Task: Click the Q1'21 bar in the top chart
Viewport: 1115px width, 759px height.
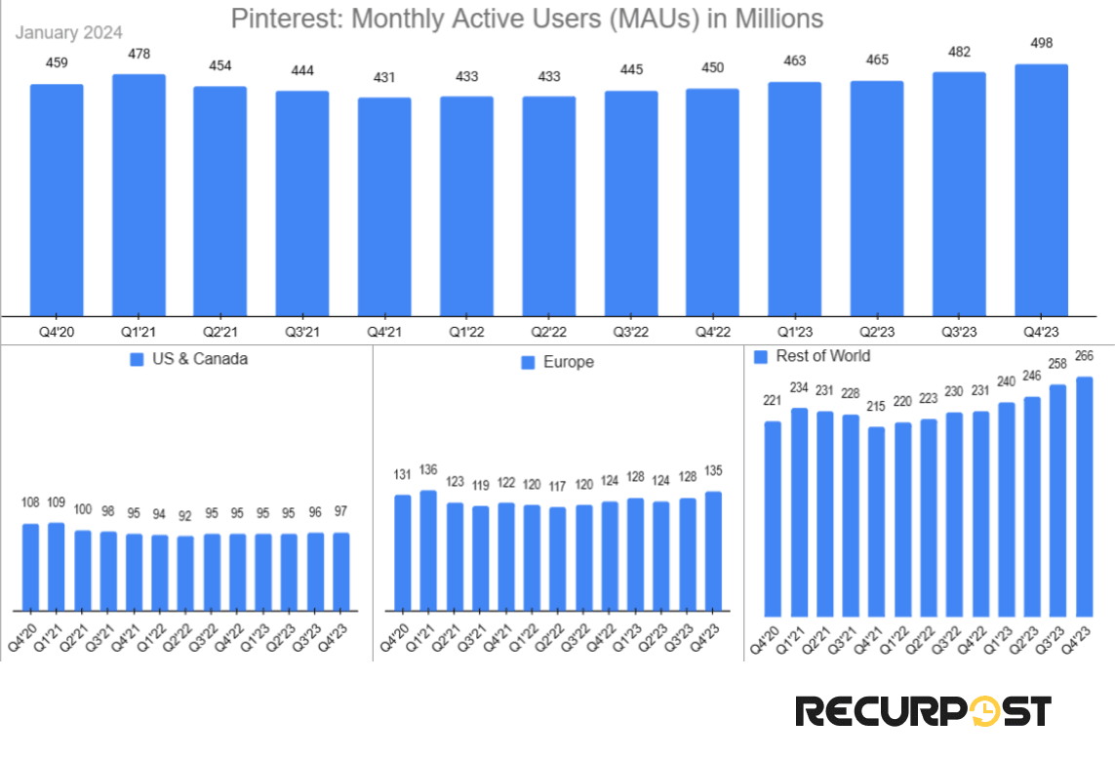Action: [x=139, y=195]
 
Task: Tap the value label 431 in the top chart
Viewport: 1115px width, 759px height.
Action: [x=384, y=77]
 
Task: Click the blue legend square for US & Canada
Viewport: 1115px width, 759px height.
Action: [x=137, y=359]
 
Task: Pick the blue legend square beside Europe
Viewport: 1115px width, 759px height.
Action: [x=528, y=362]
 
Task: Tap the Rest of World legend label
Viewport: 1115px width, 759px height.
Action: [x=823, y=356]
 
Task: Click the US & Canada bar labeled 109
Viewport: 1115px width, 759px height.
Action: [x=57, y=567]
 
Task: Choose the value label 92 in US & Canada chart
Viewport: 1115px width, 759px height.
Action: [x=185, y=514]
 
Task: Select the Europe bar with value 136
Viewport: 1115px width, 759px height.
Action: [x=429, y=550]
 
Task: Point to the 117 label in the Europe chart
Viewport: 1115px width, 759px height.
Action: [x=557, y=486]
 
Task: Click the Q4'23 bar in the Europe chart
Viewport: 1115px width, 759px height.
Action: [x=713, y=551]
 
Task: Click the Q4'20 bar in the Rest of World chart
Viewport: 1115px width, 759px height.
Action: [x=773, y=518]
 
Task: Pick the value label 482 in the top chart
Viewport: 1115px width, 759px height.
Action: [x=959, y=52]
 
